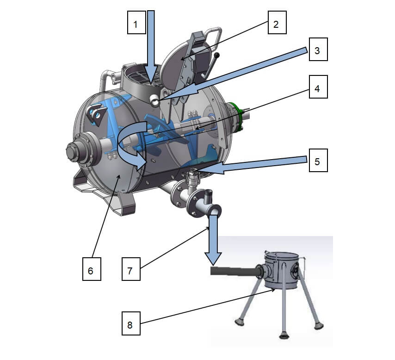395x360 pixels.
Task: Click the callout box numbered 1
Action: pyautogui.click(x=136, y=24)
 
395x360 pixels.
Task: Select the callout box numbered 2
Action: pyautogui.click(x=276, y=24)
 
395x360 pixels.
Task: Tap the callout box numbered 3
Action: pyautogui.click(x=317, y=51)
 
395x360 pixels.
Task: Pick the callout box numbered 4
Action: pyautogui.click(x=317, y=88)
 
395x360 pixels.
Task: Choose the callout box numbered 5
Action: pyautogui.click(x=317, y=162)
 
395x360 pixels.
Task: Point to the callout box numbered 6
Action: pyautogui.click(x=91, y=270)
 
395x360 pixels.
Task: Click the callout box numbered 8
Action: pyautogui.click(x=130, y=325)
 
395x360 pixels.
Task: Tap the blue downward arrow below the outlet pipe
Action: pyautogui.click(x=214, y=241)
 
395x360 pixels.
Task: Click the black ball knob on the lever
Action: pyautogui.click(x=217, y=56)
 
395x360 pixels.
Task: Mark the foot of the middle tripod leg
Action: pyautogui.click(x=284, y=335)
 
